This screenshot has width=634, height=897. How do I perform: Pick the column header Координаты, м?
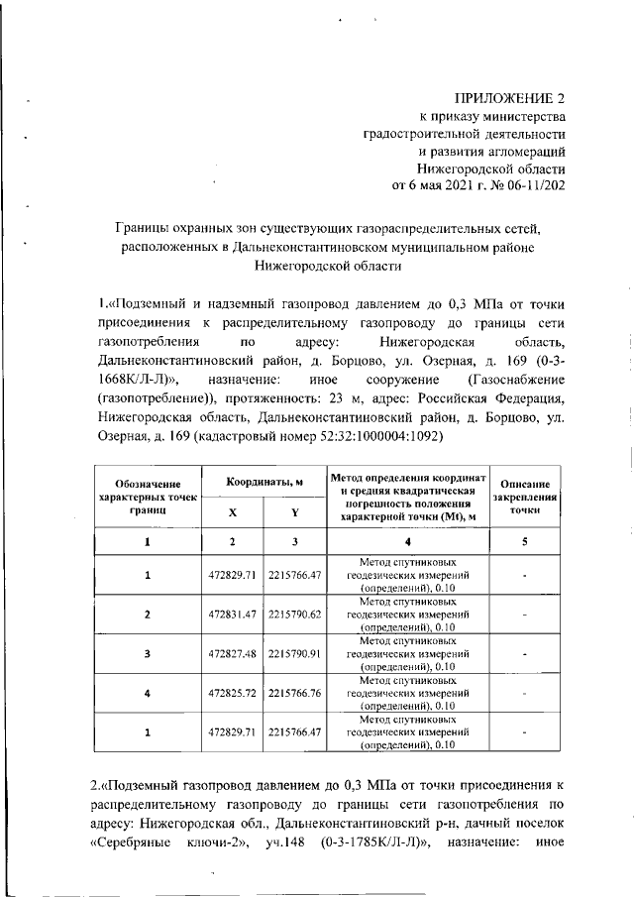263,481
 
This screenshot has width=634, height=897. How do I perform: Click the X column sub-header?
232,512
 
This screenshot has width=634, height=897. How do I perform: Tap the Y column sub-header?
294,512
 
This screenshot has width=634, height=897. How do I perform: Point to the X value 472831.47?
232,615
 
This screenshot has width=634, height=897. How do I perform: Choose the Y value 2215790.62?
294,615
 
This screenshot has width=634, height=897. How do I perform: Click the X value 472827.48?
232,653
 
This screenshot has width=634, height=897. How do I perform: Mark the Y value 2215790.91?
294,653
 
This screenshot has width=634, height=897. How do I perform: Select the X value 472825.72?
232,693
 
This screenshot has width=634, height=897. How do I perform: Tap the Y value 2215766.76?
294,693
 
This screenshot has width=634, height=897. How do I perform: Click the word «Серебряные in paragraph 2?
127,842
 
